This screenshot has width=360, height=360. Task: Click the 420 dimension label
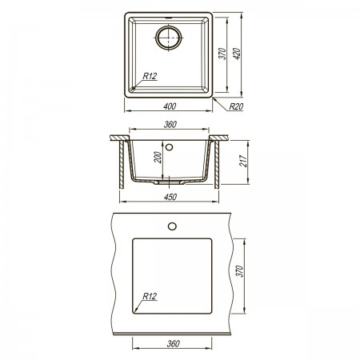click(238, 54)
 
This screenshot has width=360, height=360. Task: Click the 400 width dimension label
click(170, 106)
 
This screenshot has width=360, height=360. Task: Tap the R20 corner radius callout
click(236, 106)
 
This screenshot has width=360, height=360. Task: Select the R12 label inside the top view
click(150, 76)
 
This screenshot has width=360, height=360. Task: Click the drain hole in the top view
click(169, 38)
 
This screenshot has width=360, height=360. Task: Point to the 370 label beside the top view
click(222, 54)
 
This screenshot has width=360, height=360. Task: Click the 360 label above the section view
click(170, 124)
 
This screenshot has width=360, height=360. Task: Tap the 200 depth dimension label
click(158, 158)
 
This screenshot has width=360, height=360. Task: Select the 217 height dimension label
click(243, 161)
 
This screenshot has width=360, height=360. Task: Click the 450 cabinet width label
click(170, 197)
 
